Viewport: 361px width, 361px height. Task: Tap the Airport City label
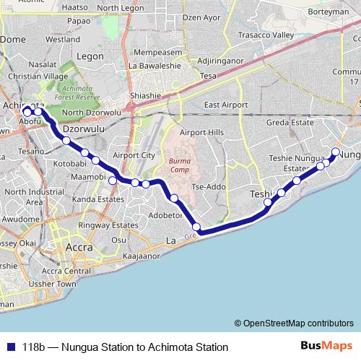(134, 155)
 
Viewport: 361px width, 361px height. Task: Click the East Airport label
(226, 105)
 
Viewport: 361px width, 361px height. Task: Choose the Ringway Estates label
(108, 225)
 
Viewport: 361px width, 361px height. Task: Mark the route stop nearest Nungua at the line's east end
(335, 152)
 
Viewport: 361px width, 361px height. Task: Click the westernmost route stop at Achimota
(27, 112)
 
